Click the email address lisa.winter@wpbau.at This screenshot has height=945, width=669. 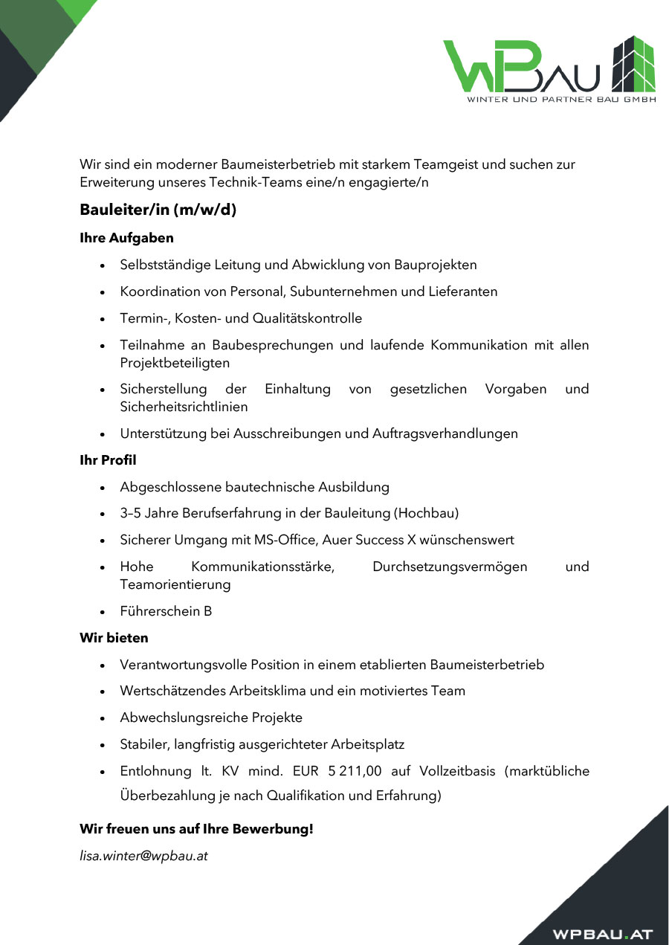(143, 856)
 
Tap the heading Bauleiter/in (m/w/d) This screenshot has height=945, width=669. (158, 210)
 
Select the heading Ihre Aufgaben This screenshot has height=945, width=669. (126, 239)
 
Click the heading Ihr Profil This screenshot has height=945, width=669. (108, 460)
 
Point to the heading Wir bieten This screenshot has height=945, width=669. (114, 638)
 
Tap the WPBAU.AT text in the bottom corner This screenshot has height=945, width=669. (602, 934)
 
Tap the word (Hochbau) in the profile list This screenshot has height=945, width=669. (427, 513)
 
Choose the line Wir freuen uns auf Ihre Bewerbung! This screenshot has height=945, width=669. (196, 829)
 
